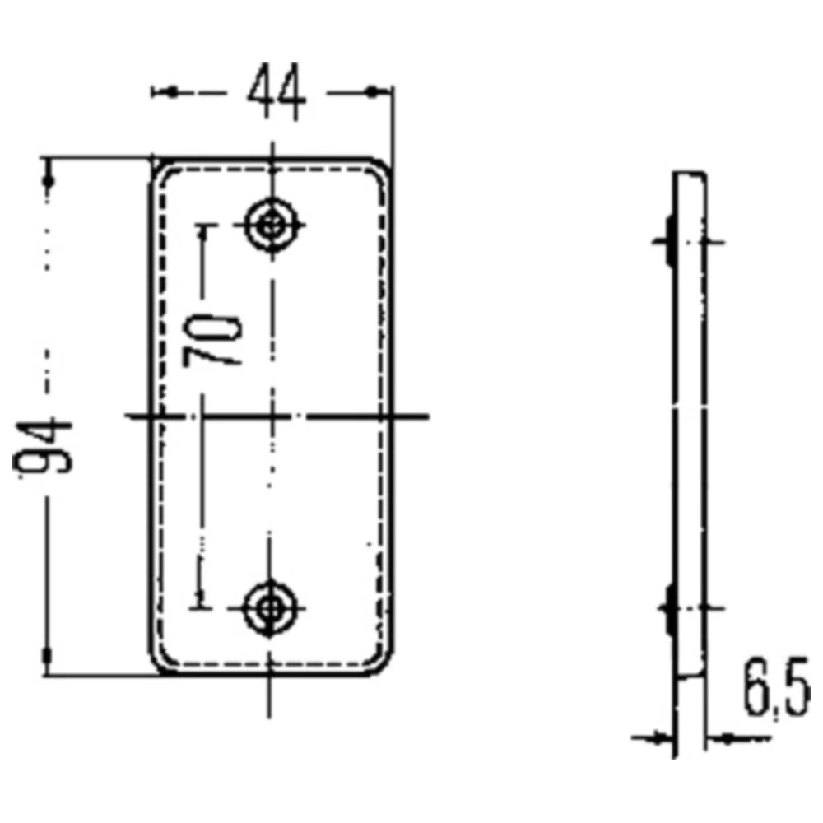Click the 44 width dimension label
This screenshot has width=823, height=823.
coord(276,92)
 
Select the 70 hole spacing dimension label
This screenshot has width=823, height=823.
coord(212,340)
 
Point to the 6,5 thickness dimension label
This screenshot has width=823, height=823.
coord(776,686)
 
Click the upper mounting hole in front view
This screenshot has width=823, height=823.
coord(272,226)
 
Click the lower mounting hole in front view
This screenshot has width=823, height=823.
coord(270,608)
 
